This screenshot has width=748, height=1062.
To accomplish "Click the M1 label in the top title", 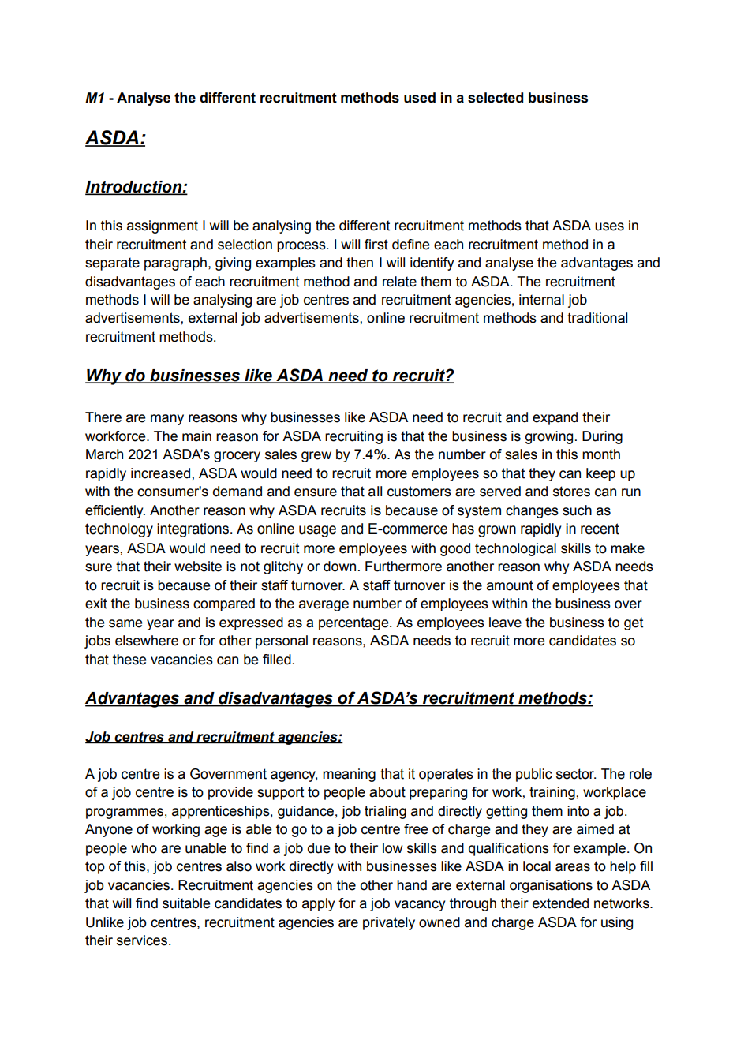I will tap(95, 98).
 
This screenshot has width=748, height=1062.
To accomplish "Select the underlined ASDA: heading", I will tap(115, 138).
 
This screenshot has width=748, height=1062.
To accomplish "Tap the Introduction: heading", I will tap(137, 187).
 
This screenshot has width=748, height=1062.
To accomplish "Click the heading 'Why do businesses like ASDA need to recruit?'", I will tap(269, 376).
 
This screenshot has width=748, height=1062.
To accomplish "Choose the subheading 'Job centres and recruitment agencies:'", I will tap(214, 737).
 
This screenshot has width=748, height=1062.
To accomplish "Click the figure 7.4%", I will tap(371, 454).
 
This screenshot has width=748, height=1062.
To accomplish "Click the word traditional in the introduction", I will tap(597, 318).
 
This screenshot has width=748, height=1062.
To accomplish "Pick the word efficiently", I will tap(115, 510).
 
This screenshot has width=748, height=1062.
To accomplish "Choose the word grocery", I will tap(260, 454).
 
